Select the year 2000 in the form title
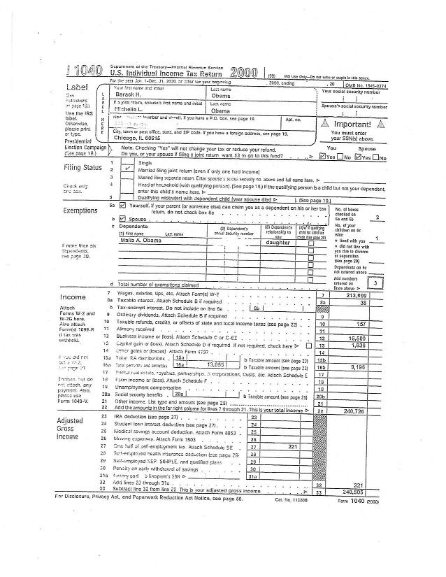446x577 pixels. (x=243, y=73)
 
